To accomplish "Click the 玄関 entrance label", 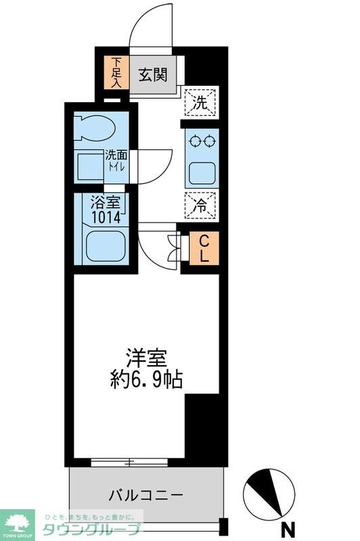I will point(154,75).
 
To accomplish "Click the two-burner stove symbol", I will point(202,142).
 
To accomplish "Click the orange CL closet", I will point(204,248).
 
